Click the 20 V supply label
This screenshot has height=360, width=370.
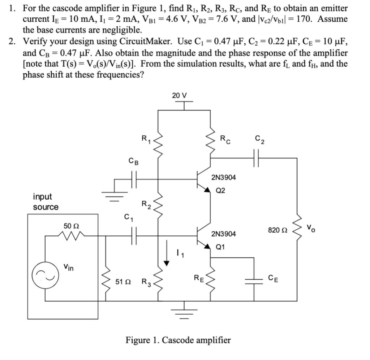179,96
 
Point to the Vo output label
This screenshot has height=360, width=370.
312,228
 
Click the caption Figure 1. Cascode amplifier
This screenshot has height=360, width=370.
178,340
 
